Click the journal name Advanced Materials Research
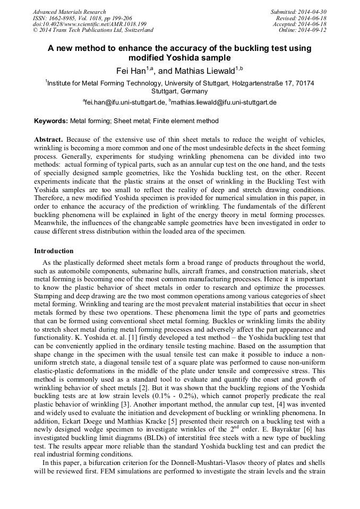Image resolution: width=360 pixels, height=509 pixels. pos(69,12)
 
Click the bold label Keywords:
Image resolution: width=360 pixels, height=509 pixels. pos(51,121)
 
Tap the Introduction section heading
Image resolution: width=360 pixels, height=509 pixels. pos(54,251)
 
